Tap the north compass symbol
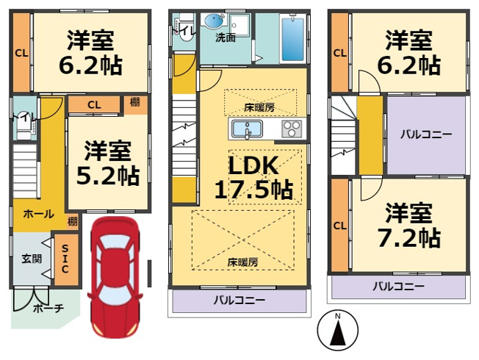(337, 331)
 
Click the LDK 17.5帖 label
(253, 177)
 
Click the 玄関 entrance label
(32, 259)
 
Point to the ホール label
(39, 214)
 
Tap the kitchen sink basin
(247, 129)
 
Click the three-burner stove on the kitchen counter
(292, 129)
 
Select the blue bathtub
(292, 39)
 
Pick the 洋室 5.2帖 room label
(108, 164)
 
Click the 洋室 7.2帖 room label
(409, 226)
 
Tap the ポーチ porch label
(48, 309)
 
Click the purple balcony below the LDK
(239, 300)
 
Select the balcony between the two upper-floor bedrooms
(426, 135)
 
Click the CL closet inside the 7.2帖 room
(340, 226)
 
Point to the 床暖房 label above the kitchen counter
(259, 107)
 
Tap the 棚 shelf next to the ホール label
(73, 220)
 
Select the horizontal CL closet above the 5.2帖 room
(94, 105)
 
